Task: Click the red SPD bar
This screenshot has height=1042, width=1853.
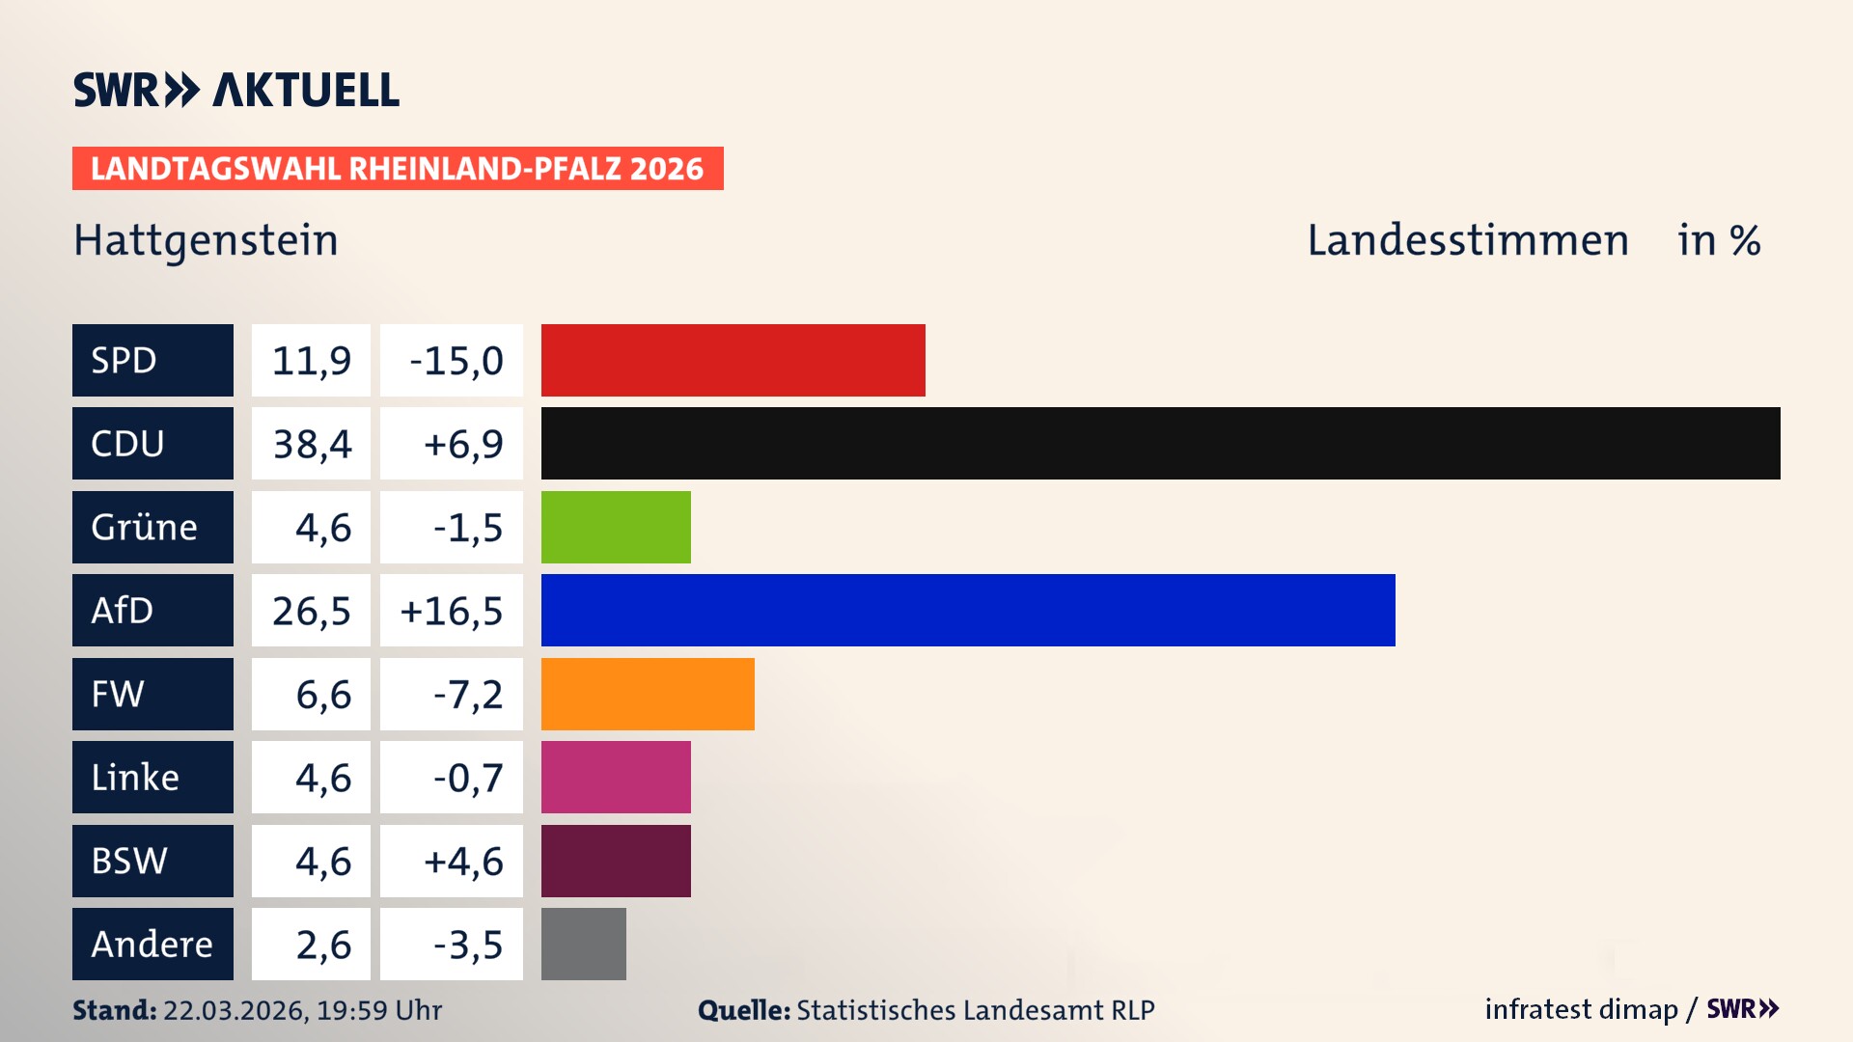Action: (733, 360)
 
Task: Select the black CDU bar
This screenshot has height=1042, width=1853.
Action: (1160, 443)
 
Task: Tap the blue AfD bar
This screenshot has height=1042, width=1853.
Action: (968, 610)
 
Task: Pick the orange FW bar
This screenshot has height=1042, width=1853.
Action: (648, 694)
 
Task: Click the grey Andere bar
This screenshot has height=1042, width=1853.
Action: (583, 944)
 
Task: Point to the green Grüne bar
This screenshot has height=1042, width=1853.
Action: (616, 527)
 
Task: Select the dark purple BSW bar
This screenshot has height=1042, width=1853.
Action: (616, 861)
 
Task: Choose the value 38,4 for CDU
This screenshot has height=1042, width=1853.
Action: (312, 444)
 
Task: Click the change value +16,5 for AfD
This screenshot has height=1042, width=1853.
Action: (452, 611)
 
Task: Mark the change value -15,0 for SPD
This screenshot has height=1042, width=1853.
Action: (456, 361)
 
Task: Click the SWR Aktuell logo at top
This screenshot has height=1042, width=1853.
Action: (236, 90)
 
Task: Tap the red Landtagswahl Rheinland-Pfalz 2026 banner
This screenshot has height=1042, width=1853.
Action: (397, 169)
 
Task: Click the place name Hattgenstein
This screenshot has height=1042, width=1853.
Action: (206, 240)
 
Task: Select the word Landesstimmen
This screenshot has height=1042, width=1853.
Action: (1467, 240)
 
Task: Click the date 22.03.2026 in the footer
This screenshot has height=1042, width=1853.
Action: (235, 1010)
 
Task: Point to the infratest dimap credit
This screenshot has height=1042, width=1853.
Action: (1580, 1009)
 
